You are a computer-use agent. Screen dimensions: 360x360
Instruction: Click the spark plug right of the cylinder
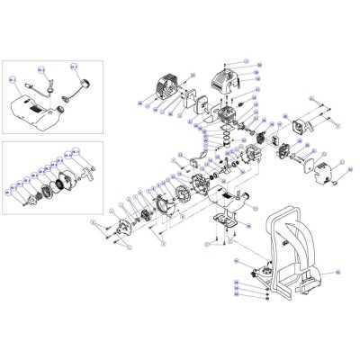[x=256, y=117]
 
